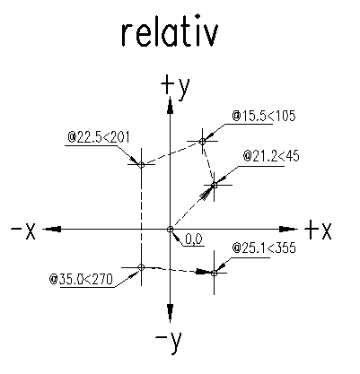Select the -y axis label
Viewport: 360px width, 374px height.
[169, 342]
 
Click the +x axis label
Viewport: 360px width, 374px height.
[318, 230]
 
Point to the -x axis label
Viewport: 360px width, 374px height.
[23, 230]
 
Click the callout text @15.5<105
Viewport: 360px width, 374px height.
[264, 116]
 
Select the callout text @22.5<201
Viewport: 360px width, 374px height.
[99, 137]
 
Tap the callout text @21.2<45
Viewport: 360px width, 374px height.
[271, 156]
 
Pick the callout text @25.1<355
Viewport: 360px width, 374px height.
[264, 248]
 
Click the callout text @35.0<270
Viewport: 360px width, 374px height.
[81, 279]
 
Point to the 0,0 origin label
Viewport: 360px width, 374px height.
[194, 239]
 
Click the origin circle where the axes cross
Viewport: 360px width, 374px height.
[170, 230]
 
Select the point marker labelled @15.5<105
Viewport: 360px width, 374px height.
[202, 141]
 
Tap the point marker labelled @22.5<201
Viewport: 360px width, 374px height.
[142, 164]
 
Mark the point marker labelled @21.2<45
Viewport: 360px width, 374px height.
[214, 186]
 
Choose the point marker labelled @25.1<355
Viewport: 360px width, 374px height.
[214, 273]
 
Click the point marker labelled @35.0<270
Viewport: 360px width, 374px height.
[141, 267]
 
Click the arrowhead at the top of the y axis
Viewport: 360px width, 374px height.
[170, 105]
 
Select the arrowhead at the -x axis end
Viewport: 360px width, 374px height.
[52, 230]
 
